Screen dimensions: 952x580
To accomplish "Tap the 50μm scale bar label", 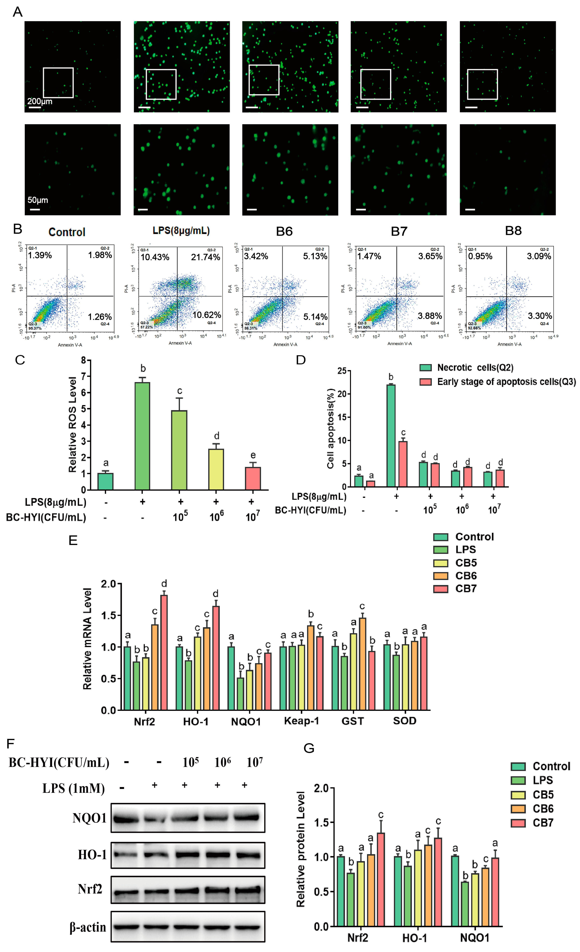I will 37,200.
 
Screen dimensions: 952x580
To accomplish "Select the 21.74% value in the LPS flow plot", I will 205,257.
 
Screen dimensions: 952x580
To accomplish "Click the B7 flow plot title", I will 399,231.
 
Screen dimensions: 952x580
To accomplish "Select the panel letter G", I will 309,748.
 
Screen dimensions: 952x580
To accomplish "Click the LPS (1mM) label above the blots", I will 73,788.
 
